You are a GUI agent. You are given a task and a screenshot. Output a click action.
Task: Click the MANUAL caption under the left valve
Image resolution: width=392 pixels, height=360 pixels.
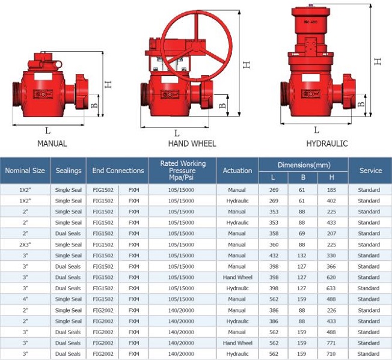[x=52, y=144]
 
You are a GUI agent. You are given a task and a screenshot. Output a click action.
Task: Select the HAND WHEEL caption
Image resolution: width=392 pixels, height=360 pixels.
[x=192, y=144]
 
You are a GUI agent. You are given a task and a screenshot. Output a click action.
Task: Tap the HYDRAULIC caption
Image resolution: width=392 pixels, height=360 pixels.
[x=327, y=144]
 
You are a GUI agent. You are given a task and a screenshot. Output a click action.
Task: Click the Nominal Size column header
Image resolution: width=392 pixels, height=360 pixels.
[x=25, y=171]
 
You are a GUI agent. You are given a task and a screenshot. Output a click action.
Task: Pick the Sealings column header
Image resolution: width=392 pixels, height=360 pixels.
[x=69, y=171]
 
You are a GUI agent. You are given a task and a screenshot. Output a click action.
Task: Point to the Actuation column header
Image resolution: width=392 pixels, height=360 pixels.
[x=237, y=171]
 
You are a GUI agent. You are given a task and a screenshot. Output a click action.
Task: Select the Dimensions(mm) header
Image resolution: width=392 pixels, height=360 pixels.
[x=304, y=165]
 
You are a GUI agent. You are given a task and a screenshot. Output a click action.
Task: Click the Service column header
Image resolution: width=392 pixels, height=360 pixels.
[x=371, y=171]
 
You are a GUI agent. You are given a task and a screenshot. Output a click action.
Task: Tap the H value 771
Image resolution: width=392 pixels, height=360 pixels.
[x=331, y=343]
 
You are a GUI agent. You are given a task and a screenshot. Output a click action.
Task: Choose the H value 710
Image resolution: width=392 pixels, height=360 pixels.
[x=331, y=354]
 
